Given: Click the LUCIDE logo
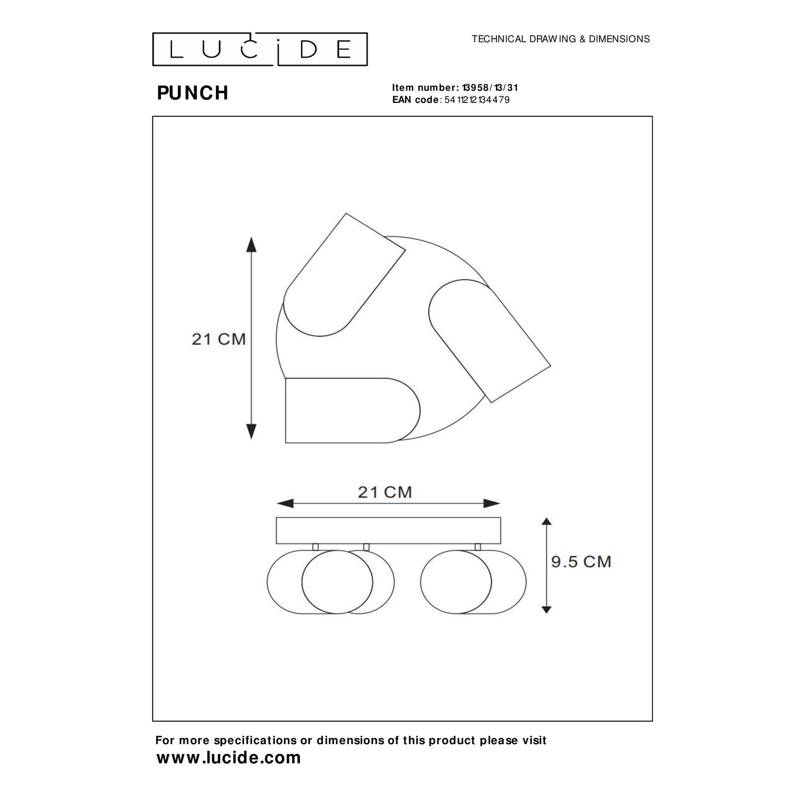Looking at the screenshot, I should tap(260, 49).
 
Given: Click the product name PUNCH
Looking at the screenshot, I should tap(193, 93).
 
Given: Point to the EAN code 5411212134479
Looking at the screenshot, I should tap(477, 100).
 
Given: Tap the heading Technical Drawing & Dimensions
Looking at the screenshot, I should tap(560, 39).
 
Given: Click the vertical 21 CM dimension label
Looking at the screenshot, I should tap(219, 339).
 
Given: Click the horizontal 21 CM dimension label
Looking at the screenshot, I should tap(385, 492).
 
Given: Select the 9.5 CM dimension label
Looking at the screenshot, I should tap(581, 561).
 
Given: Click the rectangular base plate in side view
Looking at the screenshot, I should tap(388, 530).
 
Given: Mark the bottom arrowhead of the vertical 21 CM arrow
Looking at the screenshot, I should tap(251, 431).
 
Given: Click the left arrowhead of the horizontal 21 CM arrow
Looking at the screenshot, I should tap(285, 503).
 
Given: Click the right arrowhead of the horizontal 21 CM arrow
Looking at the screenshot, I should tap(492, 503).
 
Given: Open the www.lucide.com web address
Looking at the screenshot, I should tap(229, 758).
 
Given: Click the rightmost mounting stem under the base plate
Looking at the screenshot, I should tap(477, 547).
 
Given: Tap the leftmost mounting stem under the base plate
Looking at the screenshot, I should tap(316, 547).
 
